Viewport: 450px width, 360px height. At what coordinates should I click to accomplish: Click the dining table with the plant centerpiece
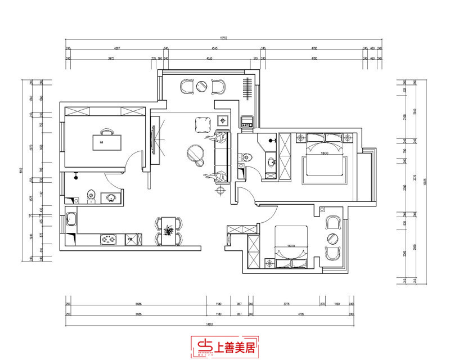pos(168,231)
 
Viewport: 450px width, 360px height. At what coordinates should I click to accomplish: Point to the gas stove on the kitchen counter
pos(108,240)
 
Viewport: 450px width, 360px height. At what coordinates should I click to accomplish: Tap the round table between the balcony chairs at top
pos(201,86)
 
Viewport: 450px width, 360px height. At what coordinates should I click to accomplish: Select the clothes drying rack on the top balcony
pos(247,88)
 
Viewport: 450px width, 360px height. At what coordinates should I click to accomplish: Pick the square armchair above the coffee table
pos(202,123)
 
